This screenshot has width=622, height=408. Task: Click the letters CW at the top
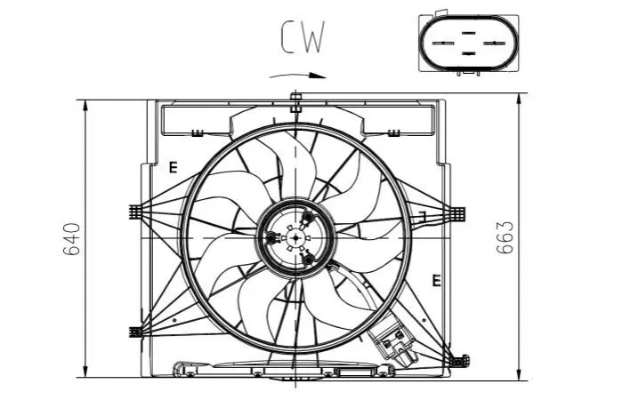click(303, 36)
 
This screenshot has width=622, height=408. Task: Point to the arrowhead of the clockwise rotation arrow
click(318, 76)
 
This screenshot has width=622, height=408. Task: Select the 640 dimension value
click(72, 239)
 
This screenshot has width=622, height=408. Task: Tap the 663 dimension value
click(505, 237)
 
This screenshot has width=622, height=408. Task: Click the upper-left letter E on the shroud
click(173, 168)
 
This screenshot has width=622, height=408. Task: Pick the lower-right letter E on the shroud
click(436, 281)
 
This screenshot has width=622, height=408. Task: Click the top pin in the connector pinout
click(468, 33)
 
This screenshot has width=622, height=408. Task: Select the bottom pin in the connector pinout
click(468, 53)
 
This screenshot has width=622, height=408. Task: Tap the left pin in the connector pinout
click(443, 43)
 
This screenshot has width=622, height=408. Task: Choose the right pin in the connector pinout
click(494, 43)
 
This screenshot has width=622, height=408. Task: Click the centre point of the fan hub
click(295, 237)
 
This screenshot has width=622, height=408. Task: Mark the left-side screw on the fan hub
click(271, 238)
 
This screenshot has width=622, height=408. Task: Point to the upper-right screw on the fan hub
click(308, 216)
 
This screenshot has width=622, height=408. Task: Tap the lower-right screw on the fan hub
click(308, 260)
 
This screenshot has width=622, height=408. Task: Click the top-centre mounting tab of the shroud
click(295, 102)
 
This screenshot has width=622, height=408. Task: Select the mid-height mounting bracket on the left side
click(135, 212)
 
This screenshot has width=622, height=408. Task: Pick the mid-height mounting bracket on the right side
click(457, 214)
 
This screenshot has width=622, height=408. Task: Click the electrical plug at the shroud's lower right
click(392, 340)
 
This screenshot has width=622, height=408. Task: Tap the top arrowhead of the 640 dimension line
click(85, 106)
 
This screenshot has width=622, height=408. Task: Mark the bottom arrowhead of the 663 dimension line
click(520, 374)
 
